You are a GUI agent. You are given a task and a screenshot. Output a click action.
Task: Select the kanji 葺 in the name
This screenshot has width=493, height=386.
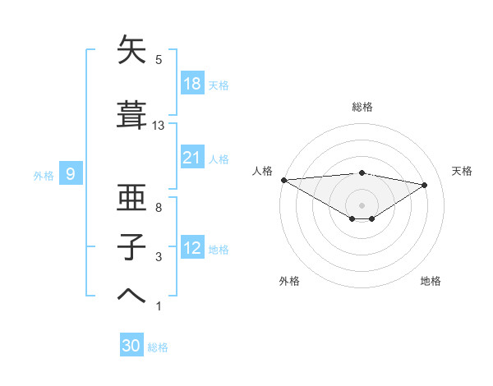click(x=132, y=117)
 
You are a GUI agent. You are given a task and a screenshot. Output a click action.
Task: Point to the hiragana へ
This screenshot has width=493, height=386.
click(x=132, y=294)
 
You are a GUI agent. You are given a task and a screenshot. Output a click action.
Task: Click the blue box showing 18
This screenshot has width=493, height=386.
click(x=192, y=84)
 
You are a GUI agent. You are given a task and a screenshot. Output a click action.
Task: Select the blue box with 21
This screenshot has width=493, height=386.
click(x=192, y=158)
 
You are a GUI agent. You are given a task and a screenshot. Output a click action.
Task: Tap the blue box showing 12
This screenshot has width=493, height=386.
click(x=192, y=248)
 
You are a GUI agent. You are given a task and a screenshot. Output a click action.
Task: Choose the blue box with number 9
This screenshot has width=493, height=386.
click(x=71, y=174)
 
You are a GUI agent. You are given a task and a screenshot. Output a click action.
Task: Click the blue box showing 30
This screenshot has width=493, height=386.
click(x=131, y=346)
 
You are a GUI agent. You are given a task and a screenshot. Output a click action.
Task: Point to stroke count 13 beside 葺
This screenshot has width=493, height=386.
click(x=159, y=126)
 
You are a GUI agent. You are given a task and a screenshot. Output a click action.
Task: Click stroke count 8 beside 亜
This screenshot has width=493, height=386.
click(x=159, y=208)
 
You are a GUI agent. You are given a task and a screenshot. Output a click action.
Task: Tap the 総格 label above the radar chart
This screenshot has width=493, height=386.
click(x=362, y=107)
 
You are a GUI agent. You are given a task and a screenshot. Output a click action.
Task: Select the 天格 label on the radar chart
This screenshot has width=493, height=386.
click(x=462, y=171)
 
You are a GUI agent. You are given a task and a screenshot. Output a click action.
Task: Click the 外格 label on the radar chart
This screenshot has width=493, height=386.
click(x=289, y=281)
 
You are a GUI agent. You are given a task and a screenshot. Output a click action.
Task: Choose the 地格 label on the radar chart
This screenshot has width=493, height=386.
click(x=431, y=281)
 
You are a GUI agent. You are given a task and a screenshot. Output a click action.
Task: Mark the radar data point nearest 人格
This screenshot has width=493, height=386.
click(x=283, y=180)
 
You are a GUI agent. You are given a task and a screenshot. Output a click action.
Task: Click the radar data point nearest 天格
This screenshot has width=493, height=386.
click(x=424, y=185)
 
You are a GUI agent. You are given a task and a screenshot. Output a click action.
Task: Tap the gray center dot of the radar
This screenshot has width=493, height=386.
click(x=362, y=204)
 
